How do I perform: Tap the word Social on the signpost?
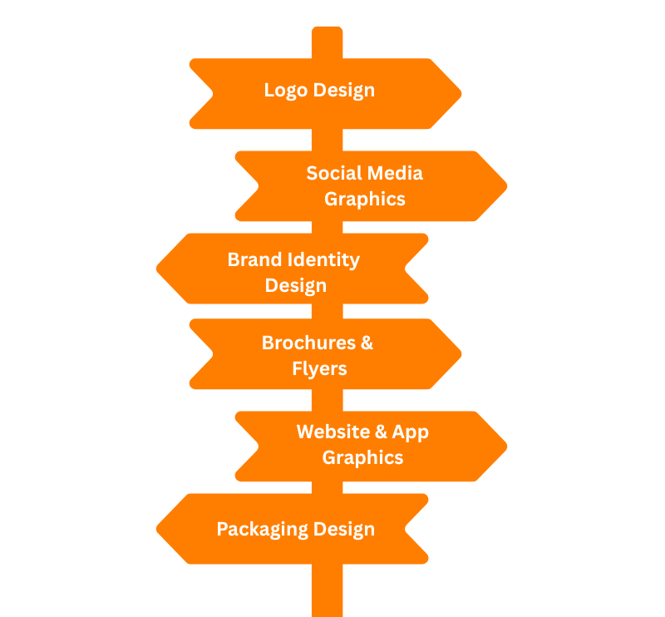click(x=335, y=173)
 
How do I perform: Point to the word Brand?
click(x=254, y=259)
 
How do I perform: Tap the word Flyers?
click(x=319, y=368)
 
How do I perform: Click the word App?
click(x=411, y=432)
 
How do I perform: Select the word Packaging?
click(x=264, y=530)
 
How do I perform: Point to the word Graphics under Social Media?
click(x=365, y=199)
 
